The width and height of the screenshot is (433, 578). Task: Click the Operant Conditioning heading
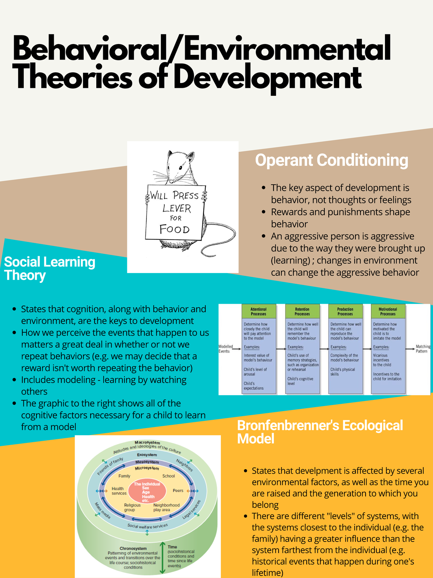pos(331,160)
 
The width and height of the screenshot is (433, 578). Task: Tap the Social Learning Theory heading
pos(49,268)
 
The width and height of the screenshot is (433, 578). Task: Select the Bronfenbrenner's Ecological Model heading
pos(320,432)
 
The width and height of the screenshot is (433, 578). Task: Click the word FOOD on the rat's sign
pos(175,229)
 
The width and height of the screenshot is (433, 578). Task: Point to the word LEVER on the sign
pos(176,208)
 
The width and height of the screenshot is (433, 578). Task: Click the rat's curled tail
pos(220,246)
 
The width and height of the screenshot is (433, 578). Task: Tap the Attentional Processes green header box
pos(258,311)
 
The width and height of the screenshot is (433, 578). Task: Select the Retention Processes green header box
pos(302,311)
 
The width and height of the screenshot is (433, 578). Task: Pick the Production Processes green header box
pos(345,311)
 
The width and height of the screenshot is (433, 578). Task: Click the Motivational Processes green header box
pos(388,311)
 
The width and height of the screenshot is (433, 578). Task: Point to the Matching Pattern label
pos(423,349)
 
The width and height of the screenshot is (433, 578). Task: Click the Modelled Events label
pos(226,349)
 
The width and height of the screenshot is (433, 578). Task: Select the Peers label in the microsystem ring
pos(178,491)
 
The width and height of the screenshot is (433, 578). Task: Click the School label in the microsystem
pos(169,476)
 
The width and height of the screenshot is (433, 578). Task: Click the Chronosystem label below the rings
pos(133,548)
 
